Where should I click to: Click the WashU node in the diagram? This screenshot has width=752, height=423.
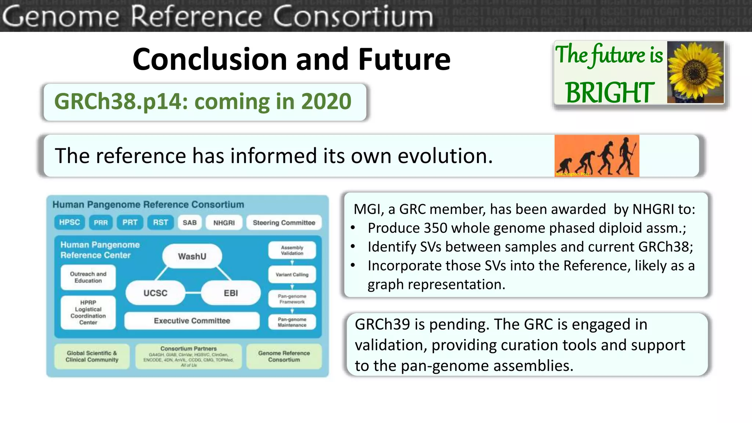point(192,256)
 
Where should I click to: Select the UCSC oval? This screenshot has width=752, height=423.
point(155,293)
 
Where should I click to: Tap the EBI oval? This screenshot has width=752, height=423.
point(231,293)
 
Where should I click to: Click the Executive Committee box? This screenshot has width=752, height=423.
point(192,321)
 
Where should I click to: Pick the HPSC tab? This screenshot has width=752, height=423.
point(69,222)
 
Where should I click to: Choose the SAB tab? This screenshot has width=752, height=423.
point(189,223)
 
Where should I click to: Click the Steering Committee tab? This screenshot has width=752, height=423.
point(284,223)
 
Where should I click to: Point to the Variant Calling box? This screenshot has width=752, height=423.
point(292,274)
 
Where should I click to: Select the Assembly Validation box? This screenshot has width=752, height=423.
point(292,250)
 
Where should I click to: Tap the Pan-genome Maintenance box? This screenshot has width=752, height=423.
point(292,322)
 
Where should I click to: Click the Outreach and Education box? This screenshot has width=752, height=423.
point(88,277)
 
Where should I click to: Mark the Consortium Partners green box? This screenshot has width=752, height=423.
point(188,356)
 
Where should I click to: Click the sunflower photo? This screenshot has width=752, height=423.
point(695,72)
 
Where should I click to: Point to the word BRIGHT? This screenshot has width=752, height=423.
point(609,93)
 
